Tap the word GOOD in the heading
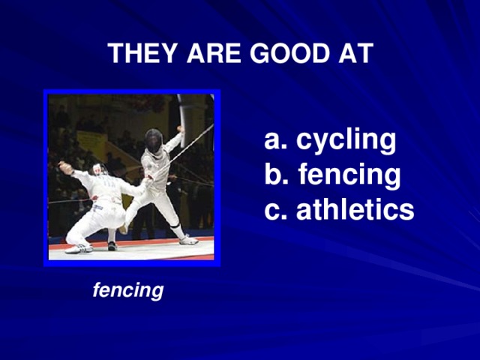pos(285,54)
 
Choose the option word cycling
pos(346,139)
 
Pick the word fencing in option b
pos(349,175)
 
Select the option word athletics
pos(355,210)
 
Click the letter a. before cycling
pos(275,139)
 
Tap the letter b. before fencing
pos(276,175)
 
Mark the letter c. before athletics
pos(275,210)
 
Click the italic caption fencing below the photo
pos(127,289)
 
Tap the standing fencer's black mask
pos(154,139)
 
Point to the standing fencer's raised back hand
pos(180,129)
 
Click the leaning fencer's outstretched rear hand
pos(64,167)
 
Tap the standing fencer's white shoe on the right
pos(189,240)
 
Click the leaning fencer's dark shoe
pos(112,245)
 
